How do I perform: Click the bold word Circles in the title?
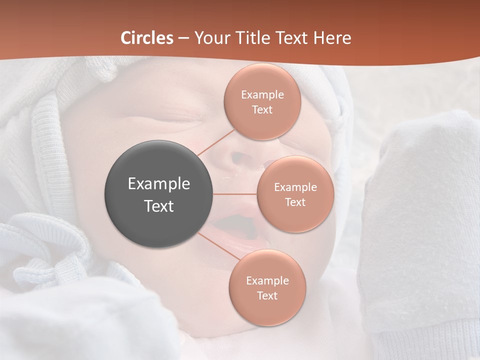click(x=147, y=38)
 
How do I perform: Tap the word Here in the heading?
click(x=332, y=38)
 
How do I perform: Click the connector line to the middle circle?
click(x=235, y=194)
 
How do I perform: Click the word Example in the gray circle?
click(x=159, y=184)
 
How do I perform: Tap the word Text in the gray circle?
click(x=159, y=206)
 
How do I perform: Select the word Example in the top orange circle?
click(x=262, y=95)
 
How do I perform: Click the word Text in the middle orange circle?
click(x=295, y=202)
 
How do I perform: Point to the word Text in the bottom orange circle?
click(x=267, y=296)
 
